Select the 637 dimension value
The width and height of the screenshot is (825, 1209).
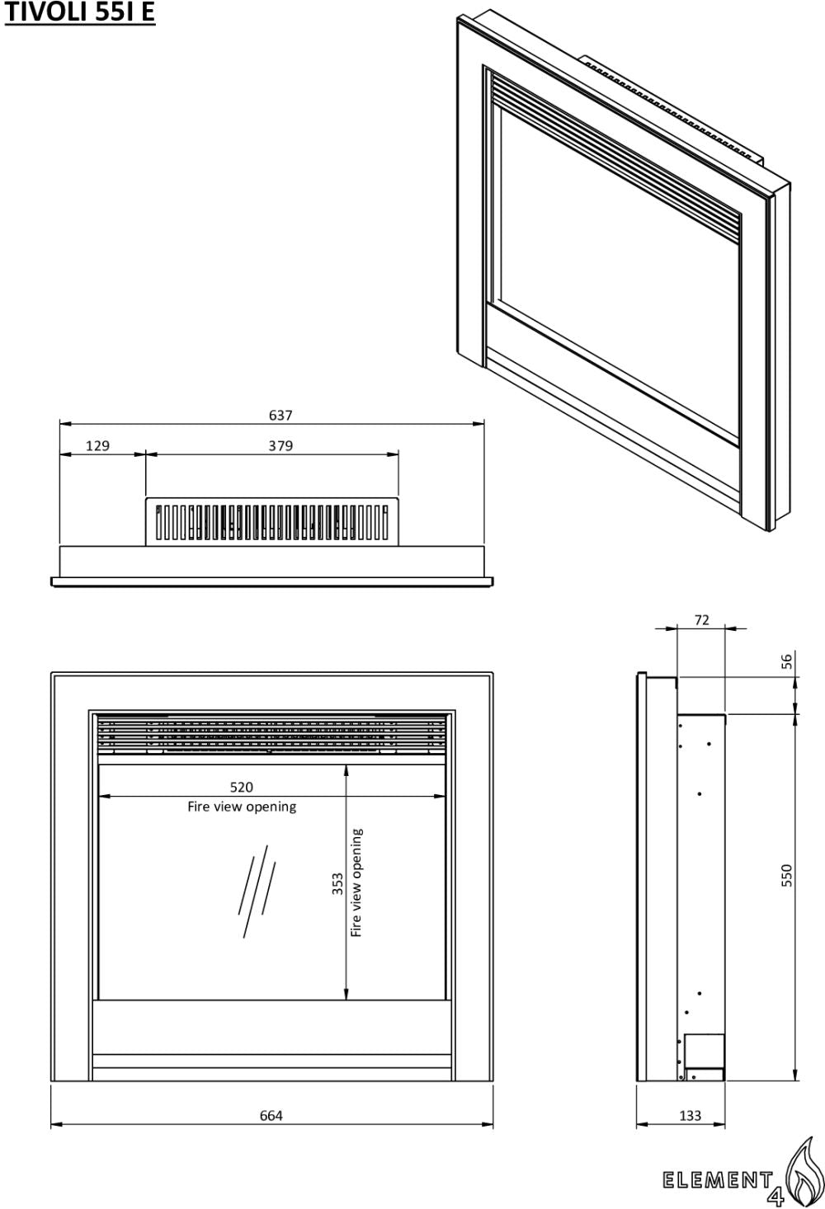(x=280, y=416)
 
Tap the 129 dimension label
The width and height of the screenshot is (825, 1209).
(x=97, y=446)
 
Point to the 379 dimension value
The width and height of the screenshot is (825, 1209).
(x=280, y=446)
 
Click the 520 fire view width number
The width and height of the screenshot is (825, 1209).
(x=242, y=788)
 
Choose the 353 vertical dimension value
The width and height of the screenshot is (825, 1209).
(x=337, y=884)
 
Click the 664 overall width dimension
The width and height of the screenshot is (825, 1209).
(x=271, y=1116)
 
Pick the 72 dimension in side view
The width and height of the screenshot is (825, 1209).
(x=701, y=620)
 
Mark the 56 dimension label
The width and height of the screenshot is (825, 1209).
(x=787, y=661)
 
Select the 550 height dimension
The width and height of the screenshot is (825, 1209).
(x=787, y=875)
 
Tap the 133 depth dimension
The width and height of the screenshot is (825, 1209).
(x=690, y=1116)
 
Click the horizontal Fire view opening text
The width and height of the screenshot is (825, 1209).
(x=242, y=807)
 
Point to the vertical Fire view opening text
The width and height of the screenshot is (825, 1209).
(x=356, y=882)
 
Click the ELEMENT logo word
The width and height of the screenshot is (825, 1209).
(x=718, y=1180)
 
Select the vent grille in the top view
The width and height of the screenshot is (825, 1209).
(x=272, y=521)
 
